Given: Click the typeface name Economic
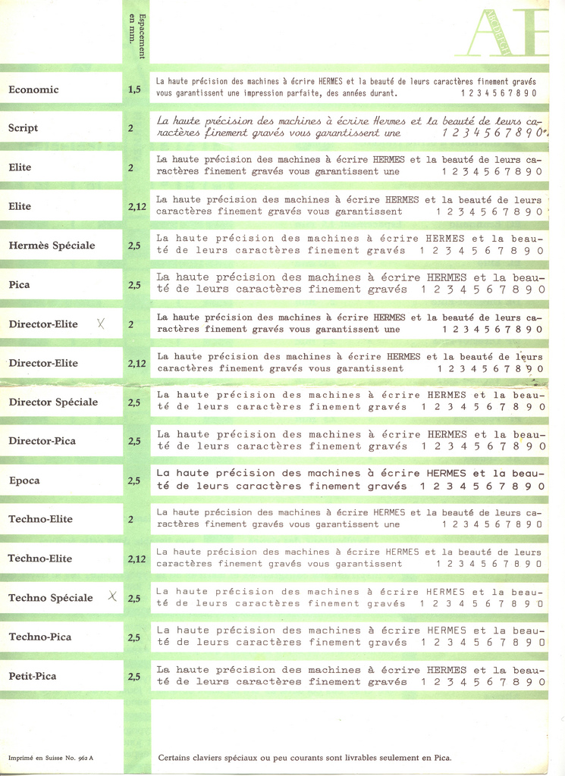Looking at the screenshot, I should click(x=33, y=89).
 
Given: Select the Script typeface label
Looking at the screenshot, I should click(x=24, y=128).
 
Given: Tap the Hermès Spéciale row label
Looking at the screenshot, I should click(x=52, y=246).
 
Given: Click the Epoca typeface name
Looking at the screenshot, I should click(x=24, y=480).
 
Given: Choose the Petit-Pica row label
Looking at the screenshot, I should click(x=33, y=676).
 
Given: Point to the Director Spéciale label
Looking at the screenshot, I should click(x=53, y=402).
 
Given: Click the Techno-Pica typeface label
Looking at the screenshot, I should click(x=39, y=637).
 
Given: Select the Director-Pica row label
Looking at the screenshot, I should click(x=42, y=441).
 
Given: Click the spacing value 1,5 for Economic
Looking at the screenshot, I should click(x=134, y=89).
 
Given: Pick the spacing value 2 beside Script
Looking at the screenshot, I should click(x=130, y=128).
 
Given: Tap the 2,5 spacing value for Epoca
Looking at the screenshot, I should click(x=134, y=480).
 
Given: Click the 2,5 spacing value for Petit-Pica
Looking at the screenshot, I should click(x=134, y=676).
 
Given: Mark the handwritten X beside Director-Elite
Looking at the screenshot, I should click(x=102, y=324).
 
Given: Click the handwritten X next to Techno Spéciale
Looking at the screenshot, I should click(x=111, y=596).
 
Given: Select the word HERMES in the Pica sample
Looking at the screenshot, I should click(x=447, y=278).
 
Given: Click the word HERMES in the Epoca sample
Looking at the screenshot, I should click(x=446, y=474).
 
